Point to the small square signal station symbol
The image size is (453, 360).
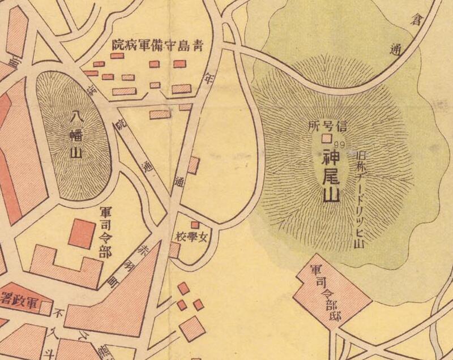click(326, 138)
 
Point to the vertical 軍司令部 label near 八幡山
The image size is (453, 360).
click(105, 232)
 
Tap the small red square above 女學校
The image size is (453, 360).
click(195, 225)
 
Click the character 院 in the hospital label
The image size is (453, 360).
click(119, 44)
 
